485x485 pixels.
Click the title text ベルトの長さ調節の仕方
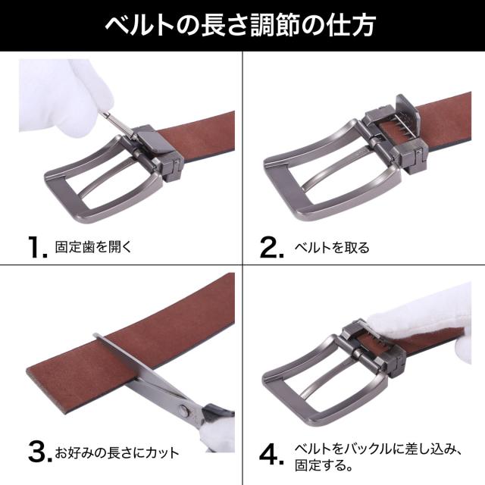pos(240,25)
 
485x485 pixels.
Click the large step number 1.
pos(37,247)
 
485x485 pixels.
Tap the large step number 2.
pos(271,247)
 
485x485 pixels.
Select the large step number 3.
pos(39,452)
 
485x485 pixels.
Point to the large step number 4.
pos(271,454)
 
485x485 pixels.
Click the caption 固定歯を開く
pos(94,247)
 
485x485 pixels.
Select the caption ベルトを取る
pos(332,248)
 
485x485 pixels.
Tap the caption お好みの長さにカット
pos(117,452)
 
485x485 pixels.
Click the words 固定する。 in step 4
pos(324,465)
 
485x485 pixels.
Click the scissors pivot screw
pos(184,411)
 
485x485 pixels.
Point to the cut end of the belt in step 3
pos(46,390)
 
